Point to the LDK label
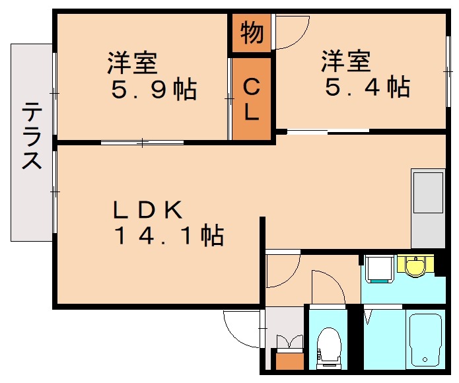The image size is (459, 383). click(x=147, y=210)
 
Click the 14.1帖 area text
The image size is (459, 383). click(x=168, y=236)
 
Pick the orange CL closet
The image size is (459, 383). click(x=252, y=99)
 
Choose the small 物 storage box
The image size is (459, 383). click(x=251, y=32)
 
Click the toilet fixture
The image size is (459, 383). click(x=328, y=345)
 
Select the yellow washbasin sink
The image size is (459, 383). click(x=415, y=267)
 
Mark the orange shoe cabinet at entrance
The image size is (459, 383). click(x=289, y=361)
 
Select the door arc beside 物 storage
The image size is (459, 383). click(x=291, y=33)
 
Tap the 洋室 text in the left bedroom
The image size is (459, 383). click(x=132, y=63)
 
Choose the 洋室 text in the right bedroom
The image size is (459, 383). click(x=345, y=62)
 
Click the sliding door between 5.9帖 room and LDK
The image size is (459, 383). click(x=142, y=142)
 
